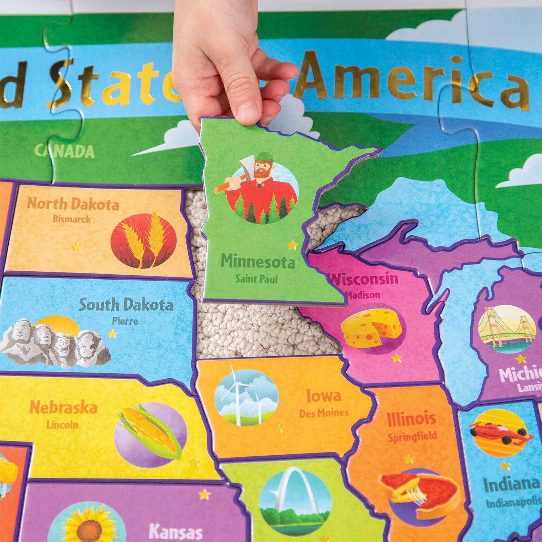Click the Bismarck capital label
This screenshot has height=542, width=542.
71,219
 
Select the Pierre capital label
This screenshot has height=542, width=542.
125,321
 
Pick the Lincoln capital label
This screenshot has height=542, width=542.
62,424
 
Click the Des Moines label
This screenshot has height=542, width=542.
324,413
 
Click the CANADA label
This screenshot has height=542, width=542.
65,151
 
